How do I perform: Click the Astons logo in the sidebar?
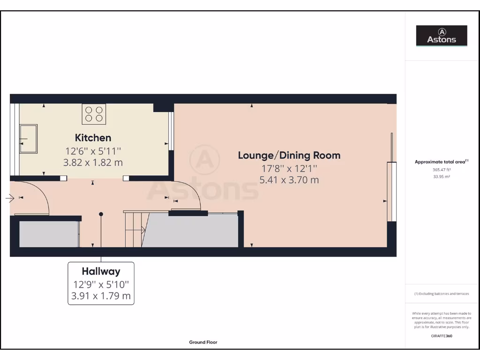tap(442, 36)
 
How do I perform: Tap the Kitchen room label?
tap(93, 138)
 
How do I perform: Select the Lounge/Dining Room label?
tap(289, 155)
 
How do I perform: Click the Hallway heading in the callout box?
tap(101, 271)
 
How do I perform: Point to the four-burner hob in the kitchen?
tap(94, 114)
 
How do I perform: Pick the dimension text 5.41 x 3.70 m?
tap(289, 180)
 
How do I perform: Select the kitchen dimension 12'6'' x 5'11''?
tap(93, 151)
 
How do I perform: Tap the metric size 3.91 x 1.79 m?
tap(101, 296)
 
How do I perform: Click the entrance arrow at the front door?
tap(10, 199)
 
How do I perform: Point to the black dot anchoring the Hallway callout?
tap(101, 214)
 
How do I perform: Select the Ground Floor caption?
tap(203, 342)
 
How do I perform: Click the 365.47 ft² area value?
tap(441, 170)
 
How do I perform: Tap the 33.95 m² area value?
tap(441, 177)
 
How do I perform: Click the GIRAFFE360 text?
tap(441, 336)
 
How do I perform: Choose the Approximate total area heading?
tap(441, 162)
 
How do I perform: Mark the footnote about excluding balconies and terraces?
tap(441, 294)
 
